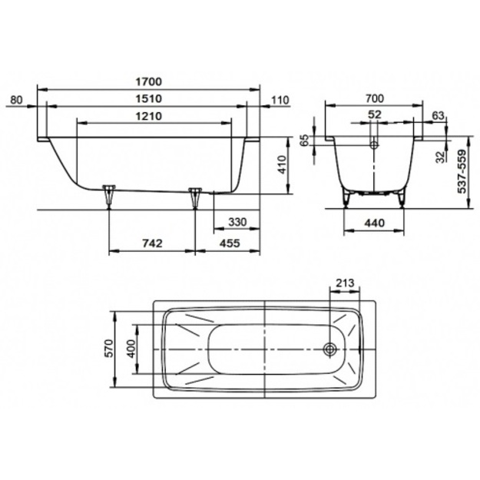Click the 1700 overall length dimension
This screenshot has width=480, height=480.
tap(148, 81)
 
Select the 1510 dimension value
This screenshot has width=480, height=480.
tap(148, 98)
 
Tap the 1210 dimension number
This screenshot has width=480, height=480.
tap(148, 116)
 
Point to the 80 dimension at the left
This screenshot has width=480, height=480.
tap(17, 100)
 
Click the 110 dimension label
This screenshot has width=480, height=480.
tap(280, 100)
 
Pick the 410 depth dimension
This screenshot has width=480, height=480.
tap(283, 165)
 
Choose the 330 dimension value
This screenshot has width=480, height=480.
tap(237, 222)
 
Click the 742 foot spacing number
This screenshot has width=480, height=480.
tap(153, 243)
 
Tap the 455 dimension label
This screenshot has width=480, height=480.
tap(230, 243)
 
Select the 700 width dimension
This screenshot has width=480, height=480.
tap(374, 98)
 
